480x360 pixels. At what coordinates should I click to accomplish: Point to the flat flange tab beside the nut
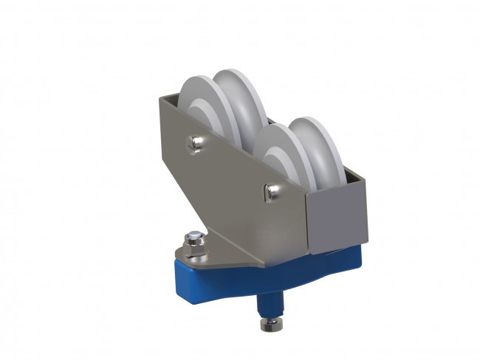(x=222, y=255)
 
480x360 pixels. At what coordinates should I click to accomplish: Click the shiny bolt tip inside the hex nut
(x=192, y=238)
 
